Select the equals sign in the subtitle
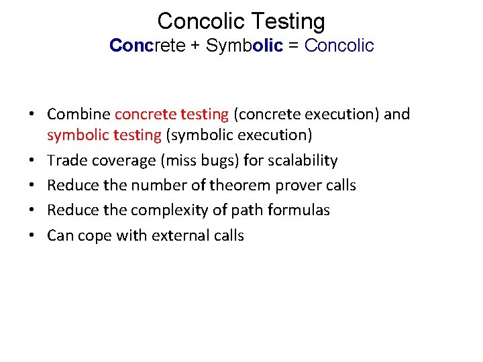pos(292,46)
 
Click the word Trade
pos(66,160)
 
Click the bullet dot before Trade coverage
pos(32,161)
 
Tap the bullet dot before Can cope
pos(32,236)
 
